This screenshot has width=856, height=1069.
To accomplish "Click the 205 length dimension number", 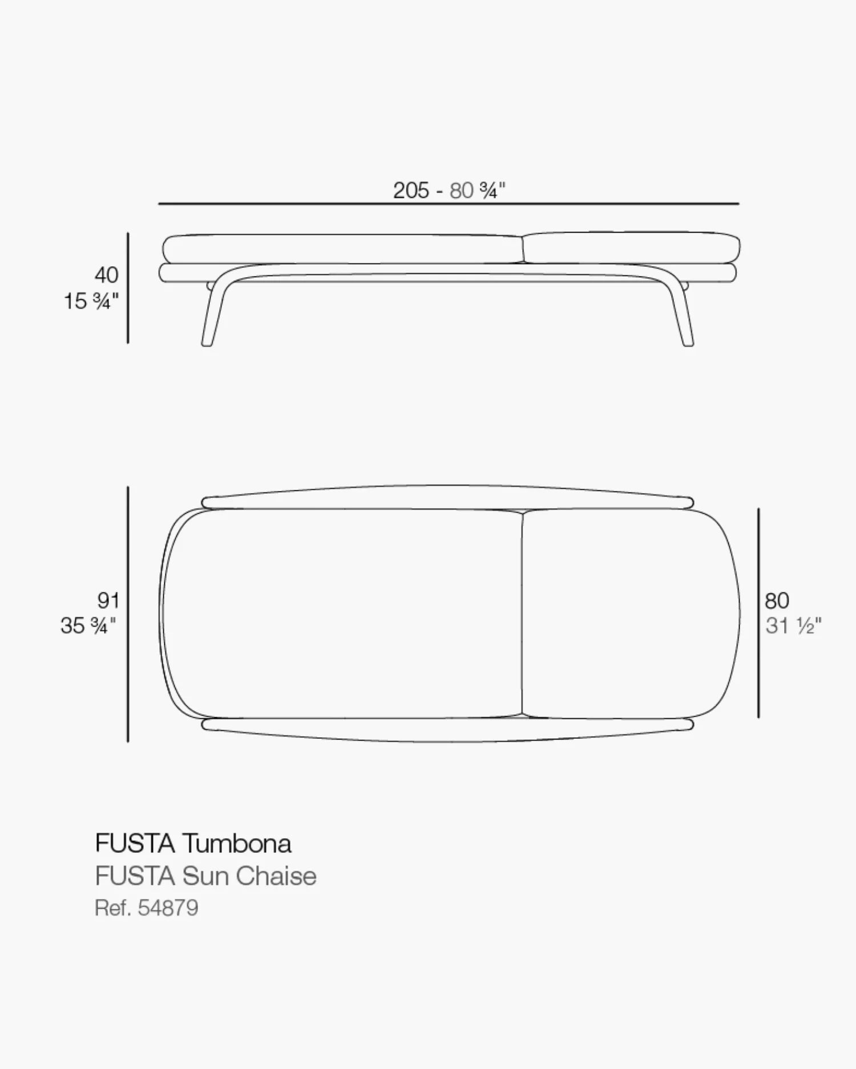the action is [411, 190].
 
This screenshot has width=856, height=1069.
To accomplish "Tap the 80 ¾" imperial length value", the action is [478, 190].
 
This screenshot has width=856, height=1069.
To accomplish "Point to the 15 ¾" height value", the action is [91, 301].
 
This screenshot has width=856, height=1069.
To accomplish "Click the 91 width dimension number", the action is [108, 600].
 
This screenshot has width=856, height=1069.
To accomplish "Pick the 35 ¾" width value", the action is [88, 626].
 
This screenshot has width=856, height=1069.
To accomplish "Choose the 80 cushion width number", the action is [777, 600].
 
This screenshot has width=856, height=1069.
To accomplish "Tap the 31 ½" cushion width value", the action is [793, 626].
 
